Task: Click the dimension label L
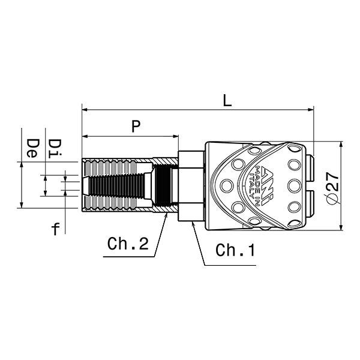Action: pyautogui.click(x=227, y=100)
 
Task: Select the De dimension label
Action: pyautogui.click(x=34, y=147)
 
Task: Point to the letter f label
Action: pyautogui.click(x=56, y=228)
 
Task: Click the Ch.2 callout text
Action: pyautogui.click(x=128, y=245)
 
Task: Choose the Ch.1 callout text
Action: pyautogui.click(x=235, y=250)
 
